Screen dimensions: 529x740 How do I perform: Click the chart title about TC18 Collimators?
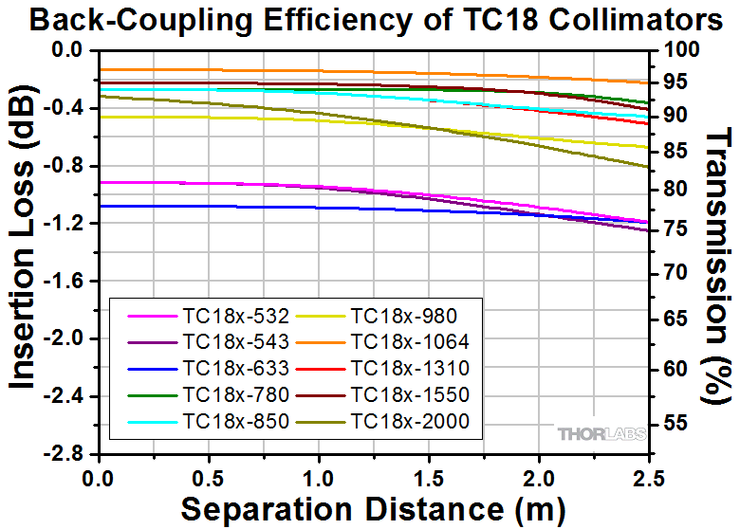(369, 18)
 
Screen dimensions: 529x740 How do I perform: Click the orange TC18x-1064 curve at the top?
(285, 71)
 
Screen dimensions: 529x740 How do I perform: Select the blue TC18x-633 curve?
(285, 207)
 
